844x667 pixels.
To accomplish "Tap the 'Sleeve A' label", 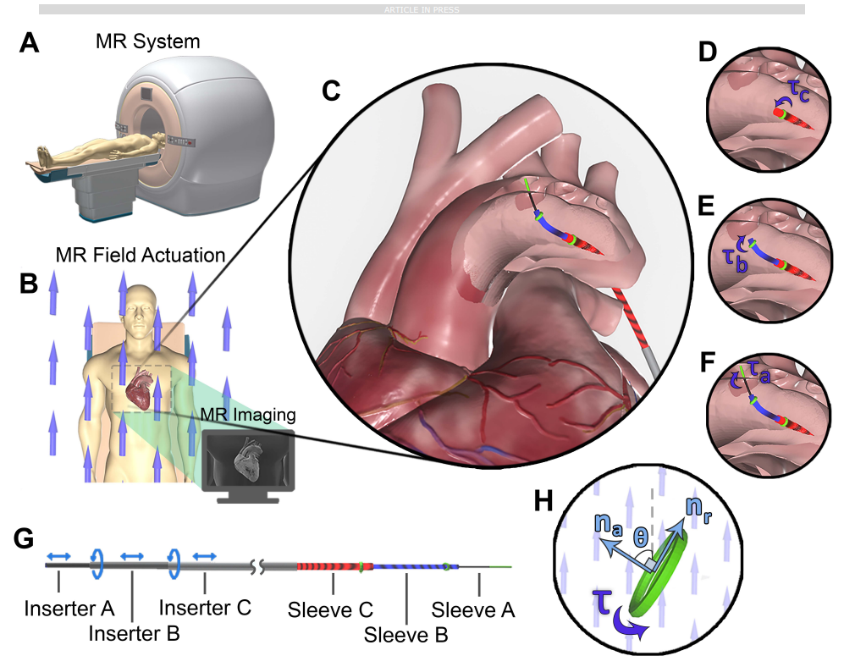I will tap(472, 608).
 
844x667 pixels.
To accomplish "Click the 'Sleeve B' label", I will tap(405, 631).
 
